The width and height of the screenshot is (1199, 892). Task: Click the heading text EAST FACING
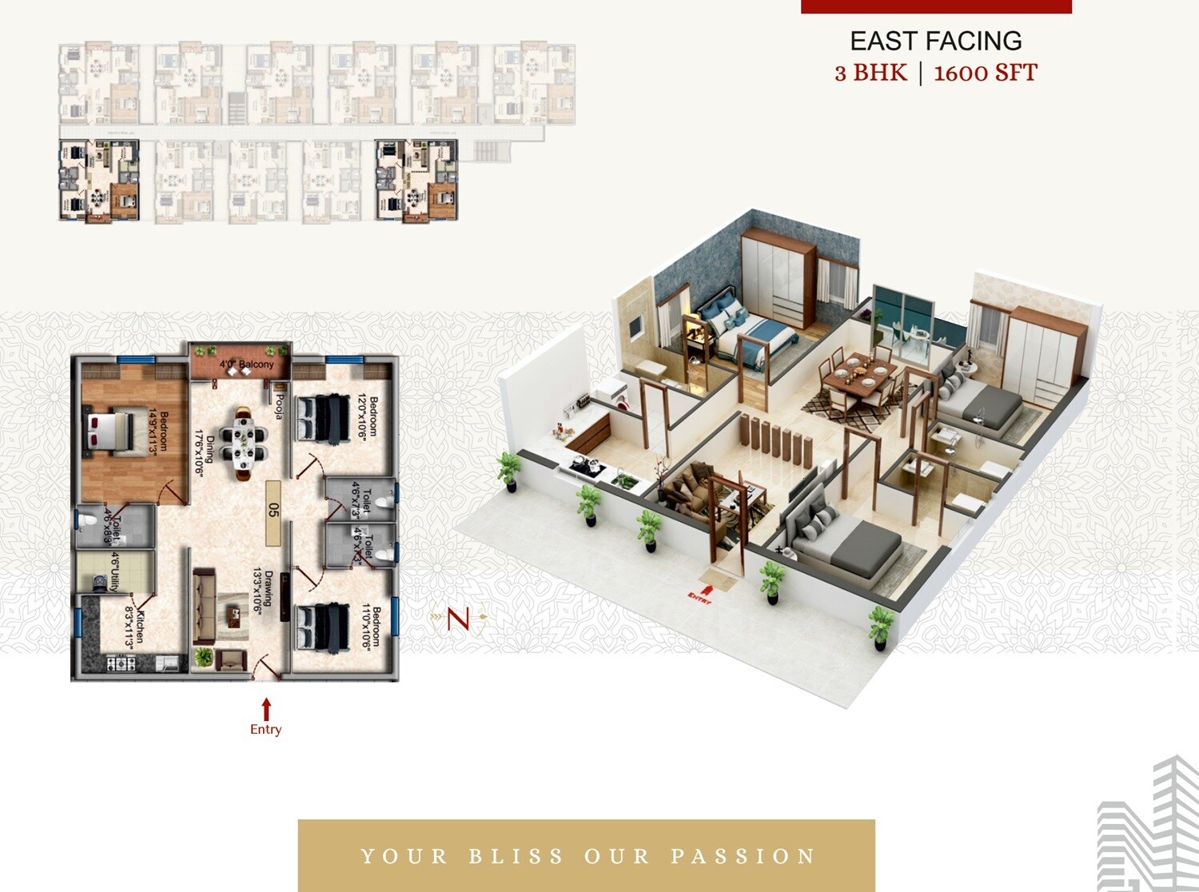935,41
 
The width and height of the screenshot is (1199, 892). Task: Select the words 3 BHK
870,74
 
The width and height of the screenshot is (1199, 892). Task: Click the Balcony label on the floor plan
247,364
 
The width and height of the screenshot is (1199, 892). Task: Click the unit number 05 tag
273,510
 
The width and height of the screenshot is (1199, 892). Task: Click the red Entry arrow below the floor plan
266,709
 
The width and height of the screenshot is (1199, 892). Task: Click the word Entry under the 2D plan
265,730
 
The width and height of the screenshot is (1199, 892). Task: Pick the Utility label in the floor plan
115,571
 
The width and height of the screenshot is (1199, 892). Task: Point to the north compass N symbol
457,618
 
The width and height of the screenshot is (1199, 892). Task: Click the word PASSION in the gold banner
743,856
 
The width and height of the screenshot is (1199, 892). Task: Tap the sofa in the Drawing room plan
203,607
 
